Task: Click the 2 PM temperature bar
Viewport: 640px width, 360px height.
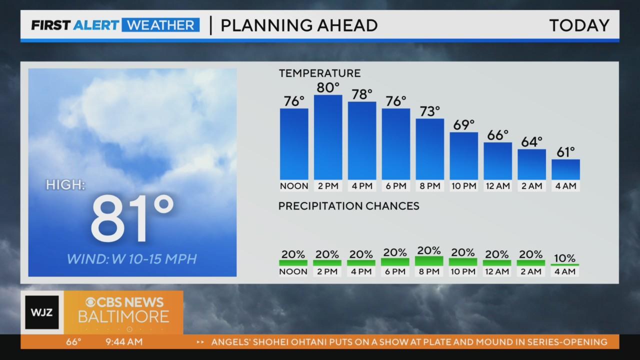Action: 328,137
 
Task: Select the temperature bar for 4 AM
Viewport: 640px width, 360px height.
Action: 565,169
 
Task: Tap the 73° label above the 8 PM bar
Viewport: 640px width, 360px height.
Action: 429,111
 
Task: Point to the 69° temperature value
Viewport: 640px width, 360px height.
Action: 463,125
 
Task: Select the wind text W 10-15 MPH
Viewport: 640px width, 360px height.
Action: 132,259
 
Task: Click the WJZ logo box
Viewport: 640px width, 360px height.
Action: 42,312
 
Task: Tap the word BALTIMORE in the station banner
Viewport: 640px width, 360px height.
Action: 123,317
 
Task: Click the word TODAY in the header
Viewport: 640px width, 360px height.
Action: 579,25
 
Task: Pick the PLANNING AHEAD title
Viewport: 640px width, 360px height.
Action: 299,25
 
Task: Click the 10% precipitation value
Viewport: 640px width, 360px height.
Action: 565,258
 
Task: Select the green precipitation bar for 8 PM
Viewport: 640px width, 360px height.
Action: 429,261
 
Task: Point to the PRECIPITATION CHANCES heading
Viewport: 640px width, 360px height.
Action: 348,206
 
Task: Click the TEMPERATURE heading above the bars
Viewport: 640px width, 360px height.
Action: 319,73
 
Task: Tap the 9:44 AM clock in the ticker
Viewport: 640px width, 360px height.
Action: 124,342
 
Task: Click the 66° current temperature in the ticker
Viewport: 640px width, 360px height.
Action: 74,342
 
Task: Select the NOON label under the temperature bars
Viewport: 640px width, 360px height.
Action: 294,186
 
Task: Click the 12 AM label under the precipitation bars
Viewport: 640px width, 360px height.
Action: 497,271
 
